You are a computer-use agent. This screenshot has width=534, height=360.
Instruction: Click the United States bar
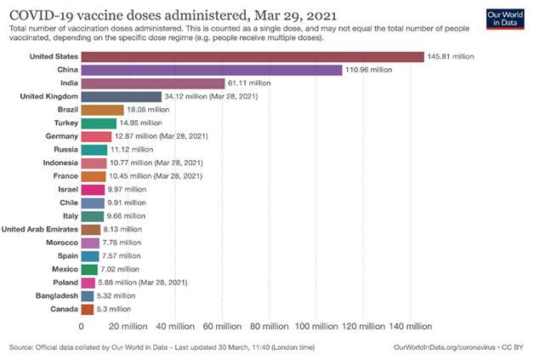[x=253, y=57]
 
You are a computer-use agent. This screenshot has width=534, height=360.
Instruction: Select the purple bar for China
[x=212, y=71]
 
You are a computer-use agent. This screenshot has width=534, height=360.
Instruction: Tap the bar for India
[x=153, y=83]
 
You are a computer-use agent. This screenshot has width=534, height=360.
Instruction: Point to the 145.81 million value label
[x=451, y=57]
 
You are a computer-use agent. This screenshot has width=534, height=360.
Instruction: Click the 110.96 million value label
[x=369, y=71]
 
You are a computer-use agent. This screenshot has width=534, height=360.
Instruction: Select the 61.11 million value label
[x=251, y=83]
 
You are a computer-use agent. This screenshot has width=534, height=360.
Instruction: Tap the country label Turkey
[x=65, y=123]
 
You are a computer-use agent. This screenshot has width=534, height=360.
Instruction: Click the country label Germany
[x=61, y=136]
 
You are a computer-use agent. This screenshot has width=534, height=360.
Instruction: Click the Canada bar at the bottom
[x=88, y=309]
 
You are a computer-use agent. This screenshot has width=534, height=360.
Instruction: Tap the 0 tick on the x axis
[x=82, y=326]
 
